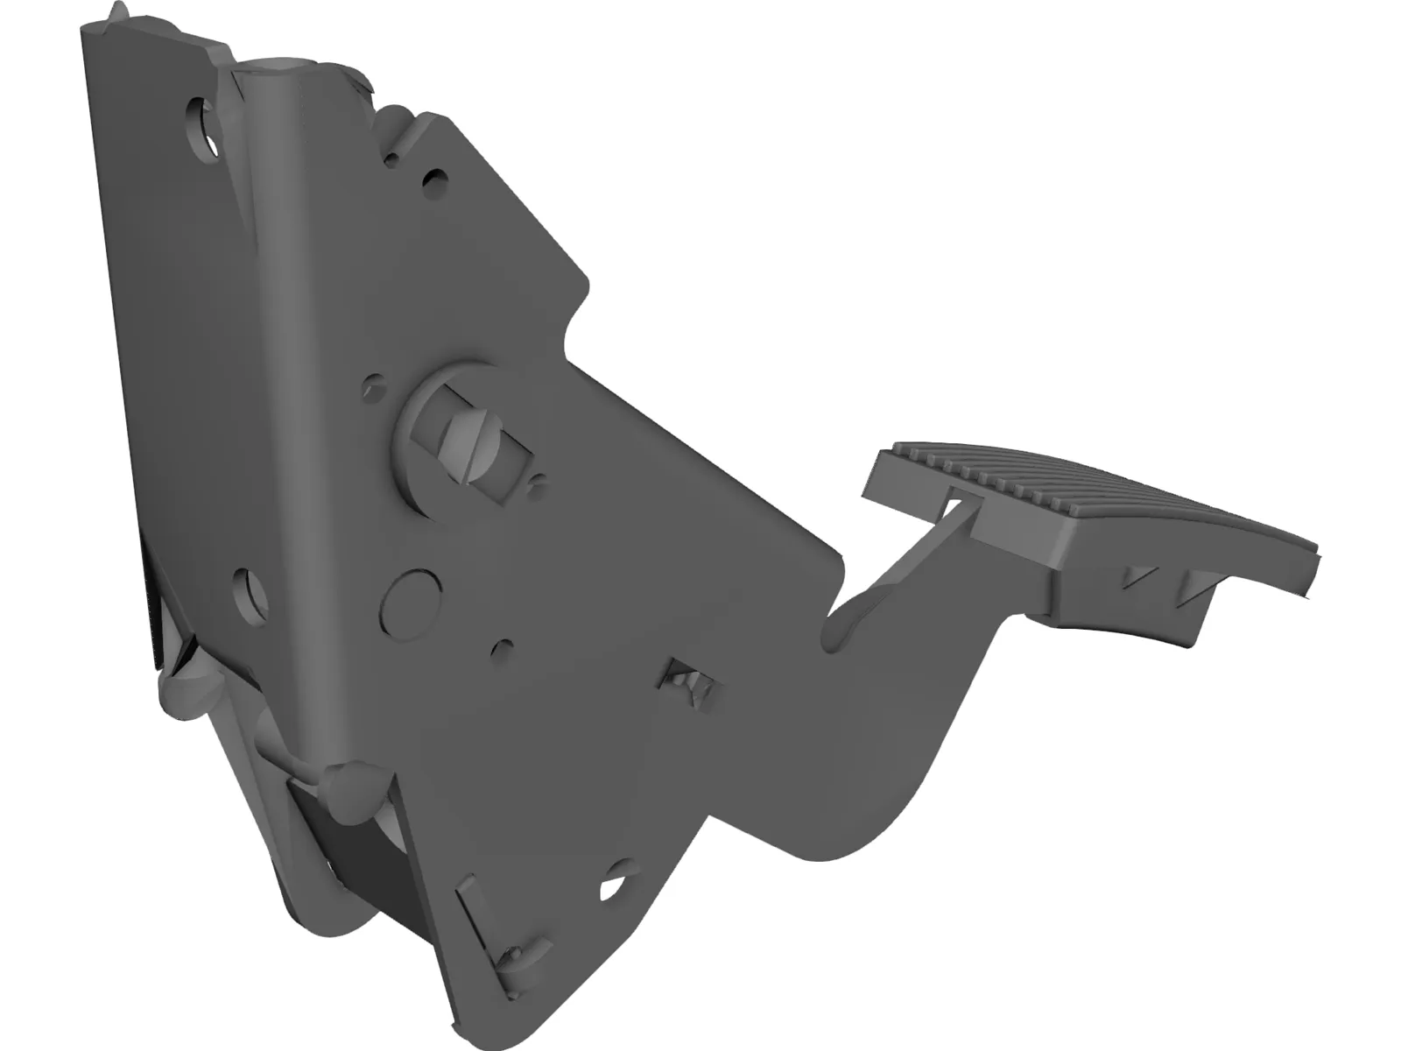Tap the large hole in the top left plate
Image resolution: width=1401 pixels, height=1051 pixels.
pos(202,125)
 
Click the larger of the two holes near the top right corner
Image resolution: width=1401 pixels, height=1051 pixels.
pos(431,180)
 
